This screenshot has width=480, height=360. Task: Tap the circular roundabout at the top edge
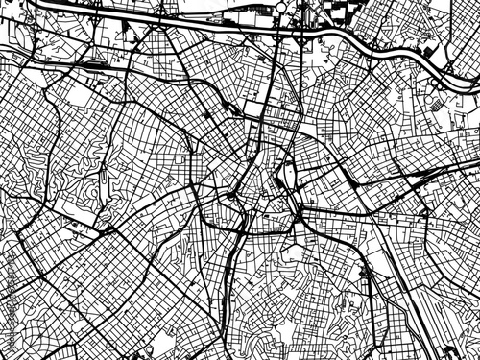pyautogui.click(x=280, y=7)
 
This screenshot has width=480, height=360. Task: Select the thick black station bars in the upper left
pyautogui.click(x=96, y=65)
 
